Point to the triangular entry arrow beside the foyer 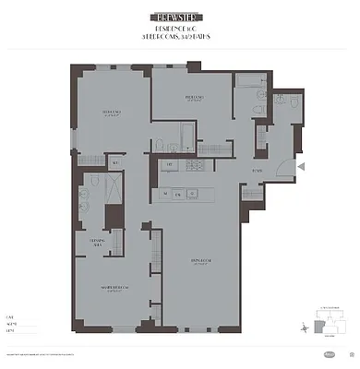pyautogui.click(x=300, y=165)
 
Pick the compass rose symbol pyautogui.click(x=305, y=327)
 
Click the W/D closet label pyautogui.click(x=115, y=164)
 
